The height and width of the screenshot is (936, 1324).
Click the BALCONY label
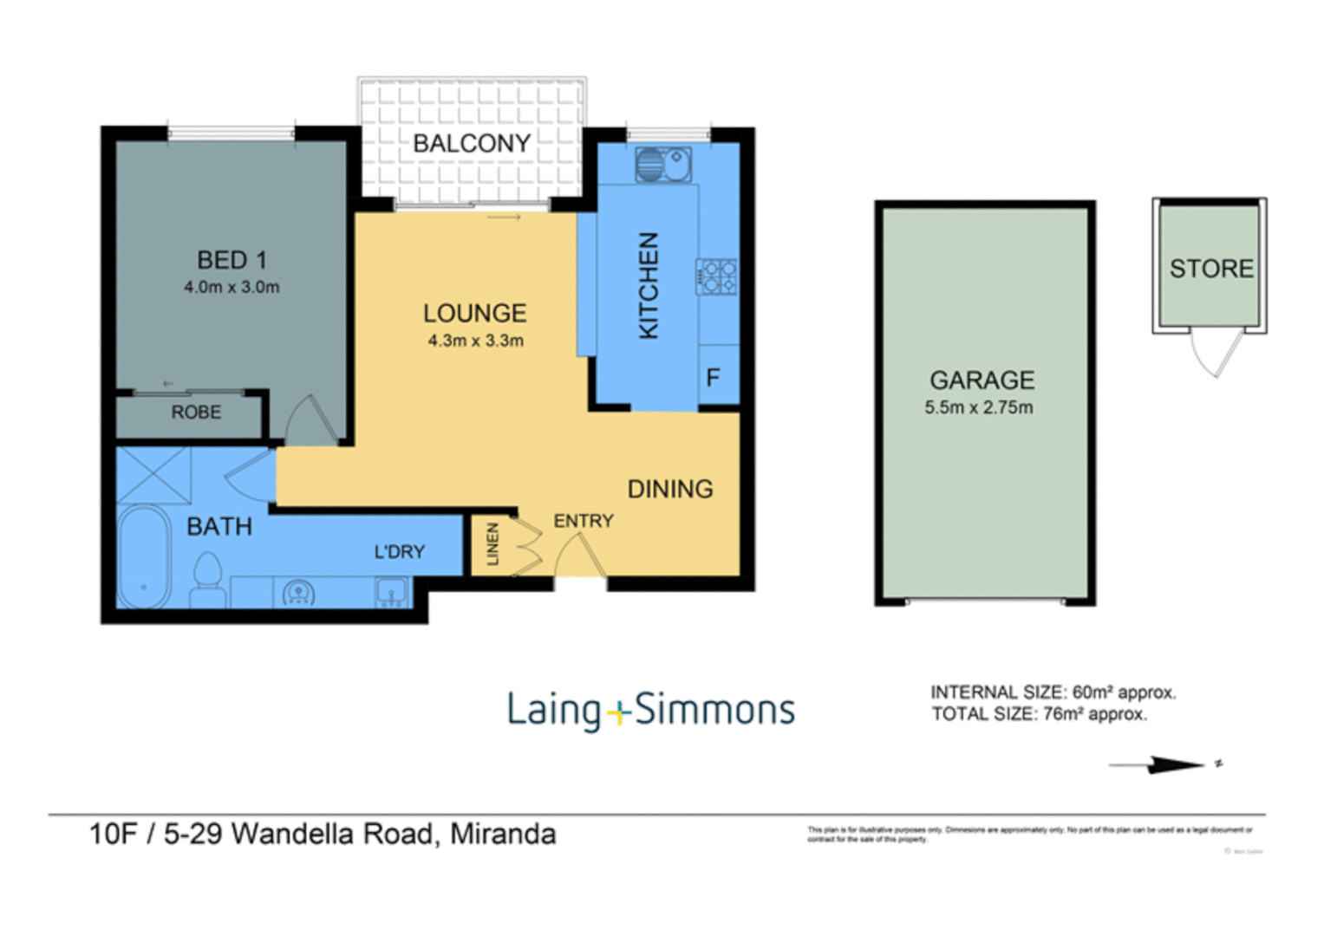472,143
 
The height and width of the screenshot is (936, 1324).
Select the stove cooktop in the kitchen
717,276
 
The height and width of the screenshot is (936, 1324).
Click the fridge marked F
714,378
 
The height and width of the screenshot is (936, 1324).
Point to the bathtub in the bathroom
144,556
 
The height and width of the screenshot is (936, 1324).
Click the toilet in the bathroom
208,582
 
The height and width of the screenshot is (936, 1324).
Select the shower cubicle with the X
154,475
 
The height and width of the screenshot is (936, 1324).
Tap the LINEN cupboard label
492,544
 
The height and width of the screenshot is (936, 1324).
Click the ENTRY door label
584,521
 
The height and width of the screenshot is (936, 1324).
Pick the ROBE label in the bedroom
196,413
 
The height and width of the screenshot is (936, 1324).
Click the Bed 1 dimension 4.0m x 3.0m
232,288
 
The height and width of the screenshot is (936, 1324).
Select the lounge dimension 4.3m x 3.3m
475,341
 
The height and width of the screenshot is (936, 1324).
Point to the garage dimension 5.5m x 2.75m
978,407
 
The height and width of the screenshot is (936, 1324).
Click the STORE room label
1211,269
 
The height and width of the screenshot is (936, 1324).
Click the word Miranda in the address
503,835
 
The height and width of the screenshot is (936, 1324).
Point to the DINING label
670,489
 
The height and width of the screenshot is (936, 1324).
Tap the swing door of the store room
1211,353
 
